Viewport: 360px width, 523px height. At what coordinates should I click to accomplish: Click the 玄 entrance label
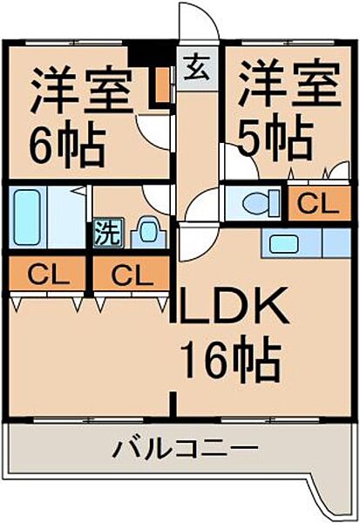tap(197, 68)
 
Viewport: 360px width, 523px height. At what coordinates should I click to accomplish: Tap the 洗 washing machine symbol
tap(108, 233)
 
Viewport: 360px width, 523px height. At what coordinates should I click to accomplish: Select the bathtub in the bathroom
tap(27, 217)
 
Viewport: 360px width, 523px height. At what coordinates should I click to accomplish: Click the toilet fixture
tap(262, 203)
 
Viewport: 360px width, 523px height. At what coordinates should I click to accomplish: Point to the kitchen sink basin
tap(283, 243)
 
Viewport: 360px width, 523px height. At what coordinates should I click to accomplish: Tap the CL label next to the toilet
tap(318, 204)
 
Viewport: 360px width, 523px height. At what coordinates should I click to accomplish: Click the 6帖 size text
tap(67, 145)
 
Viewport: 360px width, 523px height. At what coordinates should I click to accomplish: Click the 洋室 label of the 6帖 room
tap(81, 91)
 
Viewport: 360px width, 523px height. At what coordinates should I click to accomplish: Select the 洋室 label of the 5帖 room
tap(289, 84)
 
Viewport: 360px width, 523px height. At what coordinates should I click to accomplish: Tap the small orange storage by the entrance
tap(163, 85)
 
